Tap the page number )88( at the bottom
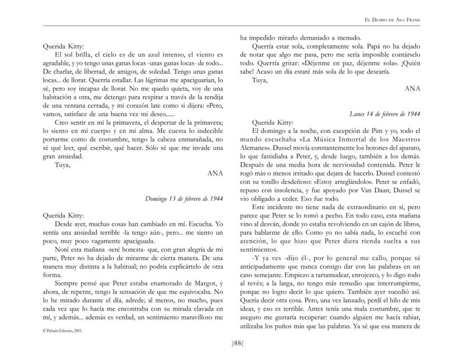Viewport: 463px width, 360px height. point(232,343)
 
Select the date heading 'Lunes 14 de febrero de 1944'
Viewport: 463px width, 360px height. point(384,113)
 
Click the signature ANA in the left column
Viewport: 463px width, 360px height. point(215,174)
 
